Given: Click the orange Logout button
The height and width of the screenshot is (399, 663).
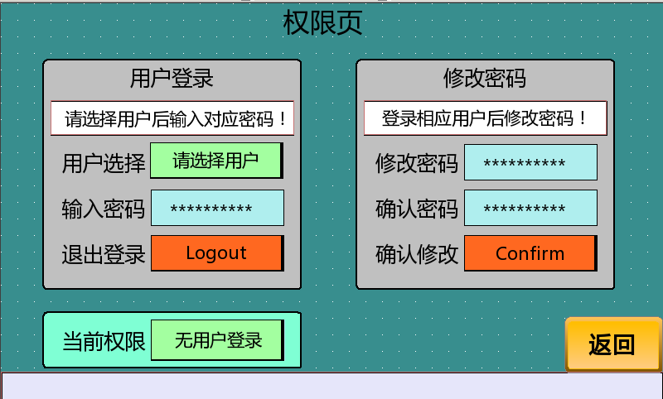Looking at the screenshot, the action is [217, 253].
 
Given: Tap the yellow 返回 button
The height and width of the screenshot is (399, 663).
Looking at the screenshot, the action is [613, 344].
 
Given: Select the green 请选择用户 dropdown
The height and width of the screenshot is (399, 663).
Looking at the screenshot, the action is [216, 161].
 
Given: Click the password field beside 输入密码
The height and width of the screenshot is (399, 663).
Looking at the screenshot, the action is [217, 208].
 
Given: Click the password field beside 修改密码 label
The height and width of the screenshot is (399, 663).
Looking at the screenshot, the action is [530, 162].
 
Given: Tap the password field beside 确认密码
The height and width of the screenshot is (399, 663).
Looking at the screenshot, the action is [530, 208].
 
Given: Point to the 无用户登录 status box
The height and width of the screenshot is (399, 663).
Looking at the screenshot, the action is [217, 340].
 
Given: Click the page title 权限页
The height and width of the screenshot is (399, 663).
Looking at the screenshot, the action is [322, 23].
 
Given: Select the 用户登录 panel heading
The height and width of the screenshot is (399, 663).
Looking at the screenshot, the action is [172, 79].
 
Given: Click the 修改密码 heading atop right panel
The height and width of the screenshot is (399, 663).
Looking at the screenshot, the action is [485, 79].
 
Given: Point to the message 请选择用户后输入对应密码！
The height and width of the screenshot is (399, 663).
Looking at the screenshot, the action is [172, 118].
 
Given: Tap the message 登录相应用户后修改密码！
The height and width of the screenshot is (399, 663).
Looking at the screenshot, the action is [486, 118].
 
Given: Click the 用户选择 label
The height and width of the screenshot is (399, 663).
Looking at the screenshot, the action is [104, 163].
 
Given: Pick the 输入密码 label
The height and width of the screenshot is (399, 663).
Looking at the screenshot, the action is [104, 209].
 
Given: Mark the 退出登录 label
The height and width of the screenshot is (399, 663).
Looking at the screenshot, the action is [104, 255].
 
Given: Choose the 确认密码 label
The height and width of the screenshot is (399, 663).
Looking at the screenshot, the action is [417, 209].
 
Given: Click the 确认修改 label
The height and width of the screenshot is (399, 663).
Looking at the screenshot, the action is [417, 255].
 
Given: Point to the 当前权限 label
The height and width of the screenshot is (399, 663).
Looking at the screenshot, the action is [104, 342].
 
